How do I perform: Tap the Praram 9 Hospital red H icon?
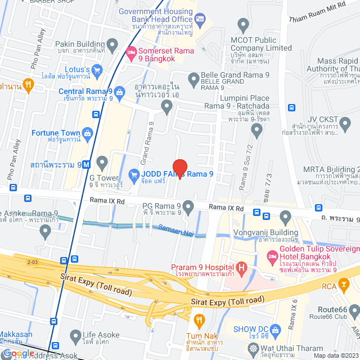241,267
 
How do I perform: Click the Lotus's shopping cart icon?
97,70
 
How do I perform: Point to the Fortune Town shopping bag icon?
87,133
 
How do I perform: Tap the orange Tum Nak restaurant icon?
198,321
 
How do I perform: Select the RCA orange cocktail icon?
342,286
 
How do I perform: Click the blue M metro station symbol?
85,165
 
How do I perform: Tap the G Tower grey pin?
102,164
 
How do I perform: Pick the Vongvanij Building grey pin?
285,217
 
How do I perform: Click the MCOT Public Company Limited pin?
243,25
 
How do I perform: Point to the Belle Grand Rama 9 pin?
193,78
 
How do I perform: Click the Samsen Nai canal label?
176,229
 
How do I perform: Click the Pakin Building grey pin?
111,44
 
